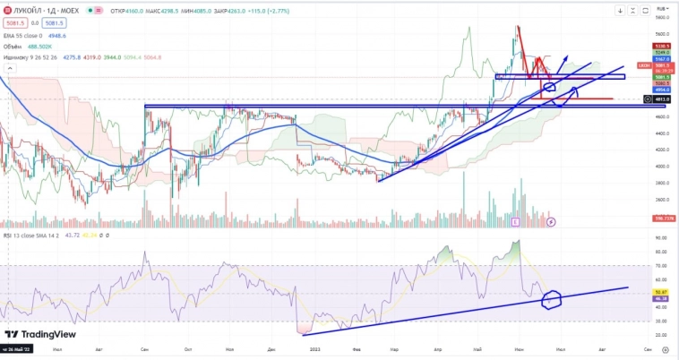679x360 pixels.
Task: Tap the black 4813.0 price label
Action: (662, 99)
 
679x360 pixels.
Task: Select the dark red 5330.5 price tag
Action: (662, 45)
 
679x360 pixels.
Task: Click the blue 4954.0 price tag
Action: (662, 90)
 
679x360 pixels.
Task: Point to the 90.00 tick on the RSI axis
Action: (661, 238)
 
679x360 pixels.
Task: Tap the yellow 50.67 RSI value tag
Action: (662, 291)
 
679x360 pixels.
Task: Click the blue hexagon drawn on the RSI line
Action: (552, 299)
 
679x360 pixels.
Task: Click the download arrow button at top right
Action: (621, 11)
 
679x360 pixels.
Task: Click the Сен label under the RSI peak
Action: (145, 349)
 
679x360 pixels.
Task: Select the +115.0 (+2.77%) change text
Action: (259, 10)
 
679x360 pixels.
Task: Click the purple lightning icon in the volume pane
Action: (552, 220)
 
